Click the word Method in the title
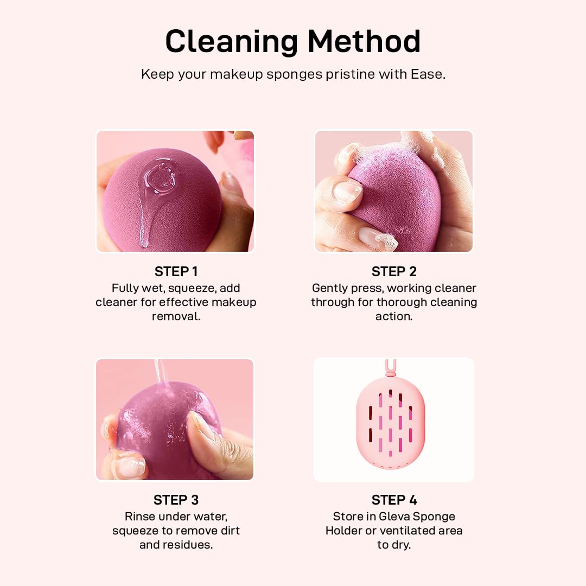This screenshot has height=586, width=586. coord(364,41)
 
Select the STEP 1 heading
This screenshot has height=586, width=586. coord(176,272)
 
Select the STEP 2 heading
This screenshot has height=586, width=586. coord(394,272)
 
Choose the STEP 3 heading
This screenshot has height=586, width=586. coord(176,500)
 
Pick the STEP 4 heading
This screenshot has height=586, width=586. coord(394,500)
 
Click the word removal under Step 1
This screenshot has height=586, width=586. coord(176,316)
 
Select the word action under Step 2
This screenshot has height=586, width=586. coord(394,316)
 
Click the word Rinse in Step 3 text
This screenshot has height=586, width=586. coord(137,517)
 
